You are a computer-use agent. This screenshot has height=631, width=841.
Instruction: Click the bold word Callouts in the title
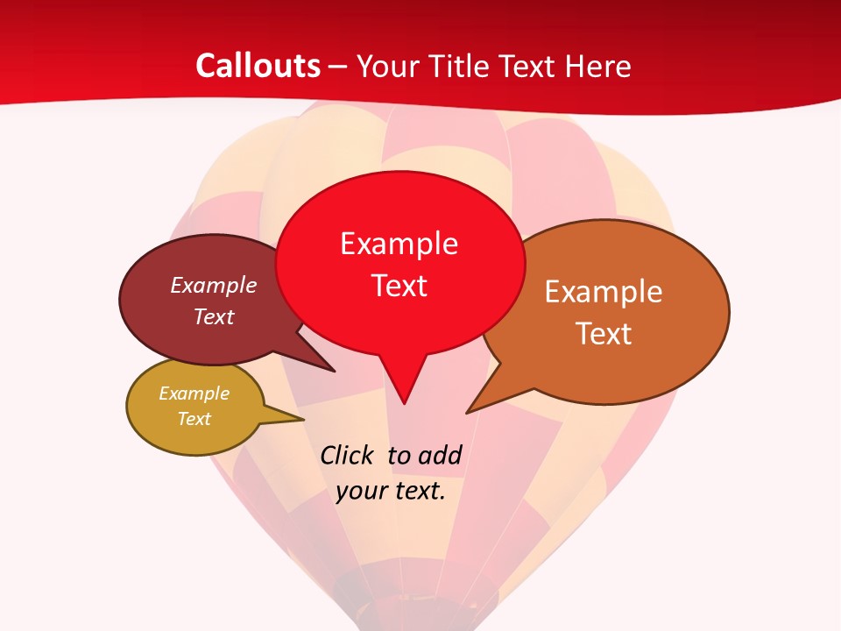[258, 66]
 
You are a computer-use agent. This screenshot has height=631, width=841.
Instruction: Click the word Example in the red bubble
[399, 244]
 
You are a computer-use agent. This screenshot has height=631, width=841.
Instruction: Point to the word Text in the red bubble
[399, 286]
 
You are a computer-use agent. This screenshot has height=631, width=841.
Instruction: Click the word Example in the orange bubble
[604, 292]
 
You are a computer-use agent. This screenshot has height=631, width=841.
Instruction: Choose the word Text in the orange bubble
[604, 334]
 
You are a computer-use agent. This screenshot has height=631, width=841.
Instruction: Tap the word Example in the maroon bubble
[213, 285]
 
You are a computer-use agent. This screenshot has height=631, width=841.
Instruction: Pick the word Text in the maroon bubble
[213, 316]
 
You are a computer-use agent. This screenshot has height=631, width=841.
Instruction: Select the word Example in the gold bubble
[194, 393]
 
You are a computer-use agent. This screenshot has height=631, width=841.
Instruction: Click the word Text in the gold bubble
[194, 419]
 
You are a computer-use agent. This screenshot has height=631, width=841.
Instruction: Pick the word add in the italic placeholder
[440, 456]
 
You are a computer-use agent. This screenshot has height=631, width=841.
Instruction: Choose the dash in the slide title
[339, 67]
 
